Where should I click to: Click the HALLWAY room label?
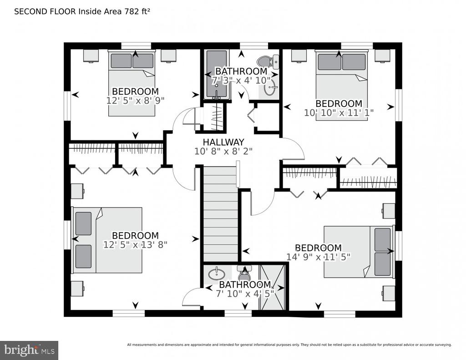(x=223, y=142)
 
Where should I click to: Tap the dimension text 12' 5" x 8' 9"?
(x=135, y=101)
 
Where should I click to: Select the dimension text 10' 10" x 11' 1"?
(x=339, y=113)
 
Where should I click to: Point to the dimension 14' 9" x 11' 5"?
(x=318, y=257)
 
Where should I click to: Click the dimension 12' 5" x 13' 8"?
(x=135, y=245)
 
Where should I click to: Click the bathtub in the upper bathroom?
(x=217, y=74)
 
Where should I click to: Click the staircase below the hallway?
(x=221, y=214)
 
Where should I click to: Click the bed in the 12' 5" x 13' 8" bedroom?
(x=107, y=240)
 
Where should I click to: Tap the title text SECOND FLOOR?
(x=45, y=11)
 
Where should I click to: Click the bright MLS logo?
(x=29, y=350)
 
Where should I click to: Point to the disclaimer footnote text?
(x=289, y=345)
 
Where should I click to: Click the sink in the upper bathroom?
(x=270, y=88)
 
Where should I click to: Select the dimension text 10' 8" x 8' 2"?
(x=223, y=151)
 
